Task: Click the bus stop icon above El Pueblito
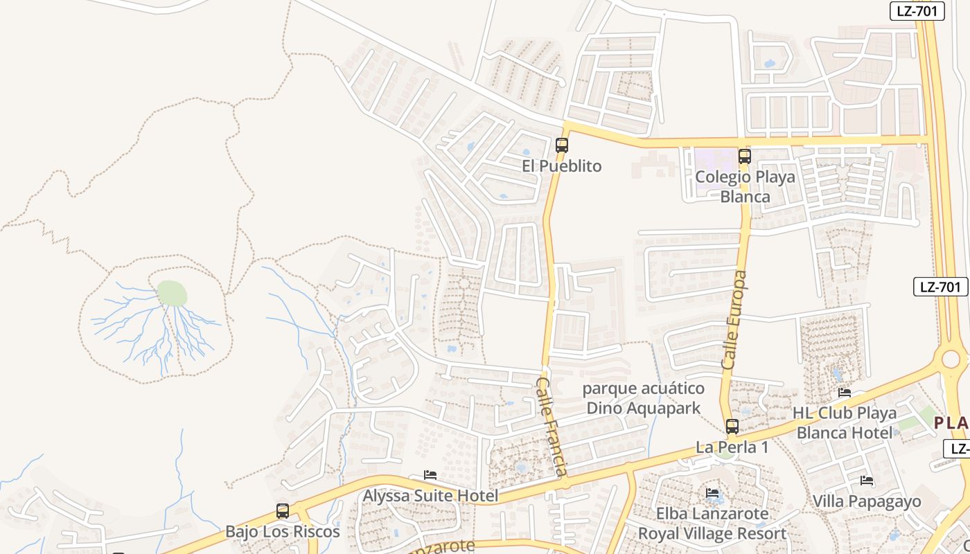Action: coord(562,145)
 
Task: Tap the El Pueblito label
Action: coord(562,166)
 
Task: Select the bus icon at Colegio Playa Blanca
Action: coord(745,157)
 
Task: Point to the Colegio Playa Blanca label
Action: coord(745,186)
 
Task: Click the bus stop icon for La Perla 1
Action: coord(732,427)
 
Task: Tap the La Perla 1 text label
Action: coord(732,447)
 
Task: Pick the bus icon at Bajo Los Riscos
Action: coord(283,511)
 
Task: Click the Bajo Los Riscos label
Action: coord(283,532)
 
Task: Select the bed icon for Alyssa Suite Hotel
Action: coord(430,475)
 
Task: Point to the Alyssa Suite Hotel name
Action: coord(430,496)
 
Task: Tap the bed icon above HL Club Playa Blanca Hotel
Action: coord(845,392)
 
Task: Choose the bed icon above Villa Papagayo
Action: coord(867,481)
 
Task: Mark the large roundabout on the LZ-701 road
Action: coord(951,359)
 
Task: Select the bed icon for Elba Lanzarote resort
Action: coord(712,493)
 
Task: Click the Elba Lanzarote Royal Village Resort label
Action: coord(712,524)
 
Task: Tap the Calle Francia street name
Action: coord(552,427)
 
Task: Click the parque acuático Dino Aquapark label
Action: coord(644,398)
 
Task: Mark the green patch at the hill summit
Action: coord(172,294)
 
